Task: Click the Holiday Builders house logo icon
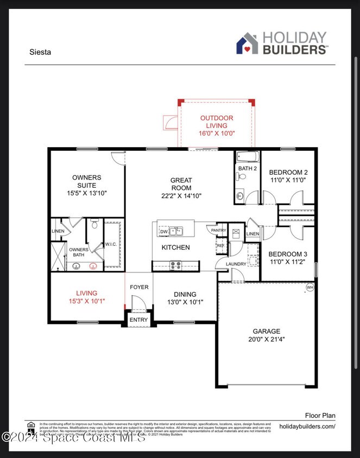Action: click(x=247, y=43)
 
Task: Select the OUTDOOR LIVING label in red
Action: click(x=217, y=122)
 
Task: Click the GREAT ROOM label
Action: click(x=181, y=184)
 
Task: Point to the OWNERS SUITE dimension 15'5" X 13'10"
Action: click(x=86, y=193)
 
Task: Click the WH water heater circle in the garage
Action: click(x=310, y=288)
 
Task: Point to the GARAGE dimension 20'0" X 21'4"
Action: click(x=266, y=340)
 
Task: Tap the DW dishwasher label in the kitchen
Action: click(x=163, y=232)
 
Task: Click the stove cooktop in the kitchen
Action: click(x=176, y=265)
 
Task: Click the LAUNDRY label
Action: click(x=236, y=264)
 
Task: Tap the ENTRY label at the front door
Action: click(x=138, y=320)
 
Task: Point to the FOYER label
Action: click(x=139, y=287)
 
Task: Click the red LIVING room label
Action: click(x=86, y=293)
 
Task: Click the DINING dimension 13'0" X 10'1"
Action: click(x=185, y=302)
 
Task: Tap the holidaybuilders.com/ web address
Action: click(x=307, y=427)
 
